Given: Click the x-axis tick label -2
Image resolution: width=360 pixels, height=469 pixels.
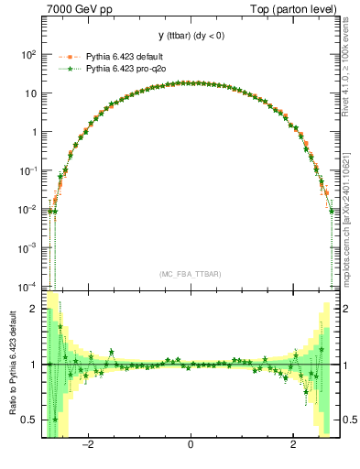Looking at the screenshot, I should pos(88,446).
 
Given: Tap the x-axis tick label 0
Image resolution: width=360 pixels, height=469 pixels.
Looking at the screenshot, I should pos(190,446).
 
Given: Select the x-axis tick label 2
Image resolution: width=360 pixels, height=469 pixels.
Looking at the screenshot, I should pos(292,446).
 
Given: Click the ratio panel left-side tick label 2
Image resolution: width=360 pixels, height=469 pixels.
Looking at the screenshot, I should pos(33,309).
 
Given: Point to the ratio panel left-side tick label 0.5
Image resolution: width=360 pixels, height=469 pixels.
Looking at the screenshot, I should pos(29,420).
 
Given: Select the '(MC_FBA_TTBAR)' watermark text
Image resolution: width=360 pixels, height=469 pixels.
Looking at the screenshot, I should pos(190,273).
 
